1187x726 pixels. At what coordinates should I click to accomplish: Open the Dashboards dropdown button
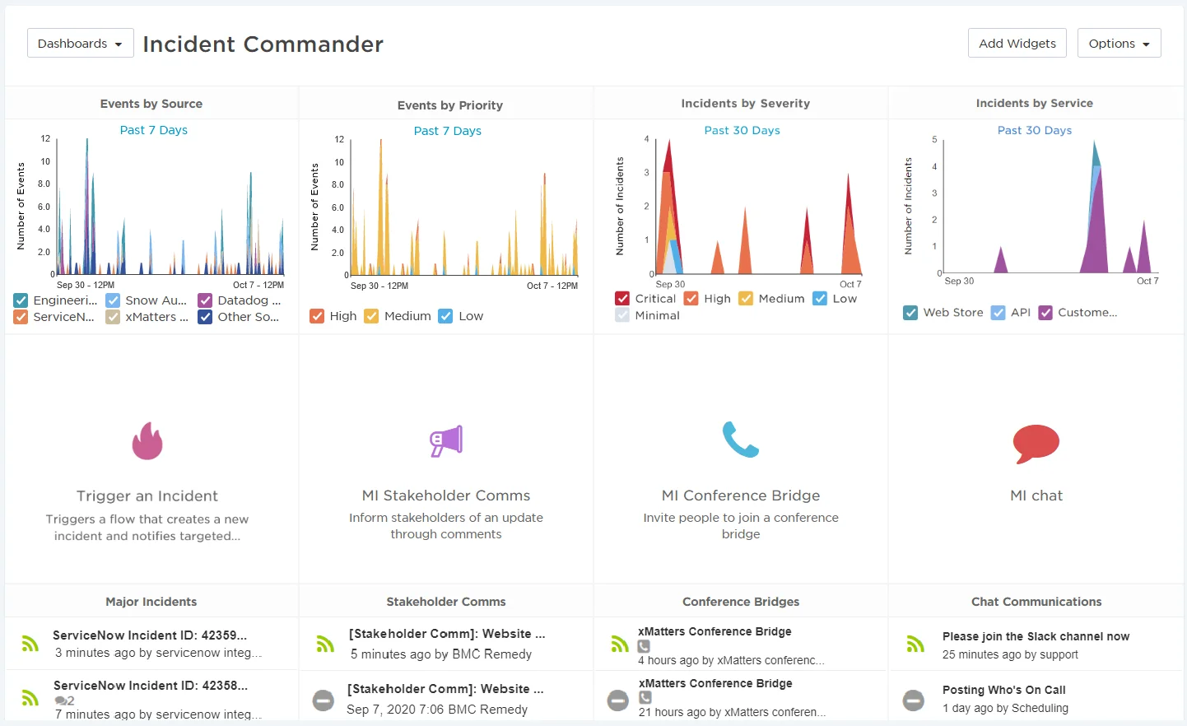pyautogui.click(x=80, y=44)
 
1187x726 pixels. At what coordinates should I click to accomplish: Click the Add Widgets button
pyautogui.click(x=1017, y=44)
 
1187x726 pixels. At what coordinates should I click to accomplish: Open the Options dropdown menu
pyautogui.click(x=1119, y=44)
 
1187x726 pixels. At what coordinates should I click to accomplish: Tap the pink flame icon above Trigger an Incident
pyautogui.click(x=147, y=441)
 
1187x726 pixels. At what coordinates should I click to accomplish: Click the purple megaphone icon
pyautogui.click(x=446, y=441)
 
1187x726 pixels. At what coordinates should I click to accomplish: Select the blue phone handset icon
pyautogui.click(x=740, y=440)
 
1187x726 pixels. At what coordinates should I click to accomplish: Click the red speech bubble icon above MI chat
pyautogui.click(x=1036, y=444)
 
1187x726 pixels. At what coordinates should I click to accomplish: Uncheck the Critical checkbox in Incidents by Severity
pyautogui.click(x=622, y=299)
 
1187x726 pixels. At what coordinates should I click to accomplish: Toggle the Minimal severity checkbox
pyautogui.click(x=622, y=315)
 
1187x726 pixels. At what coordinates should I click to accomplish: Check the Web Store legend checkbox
pyautogui.click(x=910, y=313)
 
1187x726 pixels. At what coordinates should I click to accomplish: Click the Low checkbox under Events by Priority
pyautogui.click(x=445, y=316)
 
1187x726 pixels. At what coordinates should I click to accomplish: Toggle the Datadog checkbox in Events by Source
pyautogui.click(x=205, y=300)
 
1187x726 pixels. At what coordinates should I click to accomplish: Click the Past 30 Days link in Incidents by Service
pyautogui.click(x=1034, y=130)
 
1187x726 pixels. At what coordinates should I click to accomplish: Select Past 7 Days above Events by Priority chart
pyautogui.click(x=447, y=131)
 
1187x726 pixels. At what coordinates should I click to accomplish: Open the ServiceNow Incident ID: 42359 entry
pyautogui.click(x=150, y=635)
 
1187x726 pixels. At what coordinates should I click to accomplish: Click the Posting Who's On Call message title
pyautogui.click(x=1003, y=690)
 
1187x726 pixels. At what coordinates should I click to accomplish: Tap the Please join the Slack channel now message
pyautogui.click(x=1036, y=636)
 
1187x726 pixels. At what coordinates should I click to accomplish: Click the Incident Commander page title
pyautogui.click(x=263, y=44)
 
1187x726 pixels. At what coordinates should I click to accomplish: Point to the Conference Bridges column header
pyautogui.click(x=740, y=602)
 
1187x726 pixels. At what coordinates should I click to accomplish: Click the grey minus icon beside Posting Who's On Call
pyautogui.click(x=914, y=700)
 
